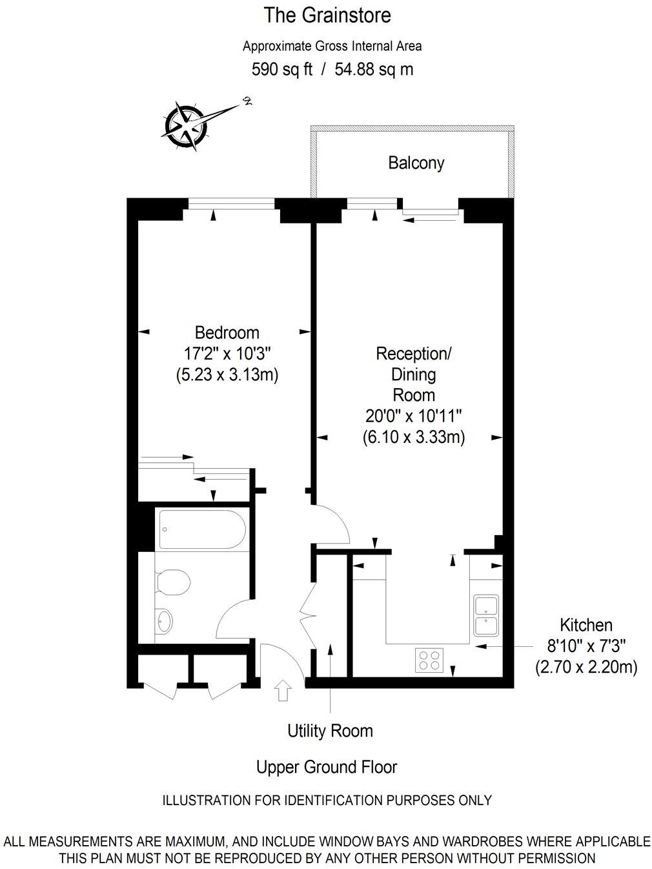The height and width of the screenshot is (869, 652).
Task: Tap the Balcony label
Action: point(416,163)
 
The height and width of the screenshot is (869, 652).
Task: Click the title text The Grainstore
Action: point(327,15)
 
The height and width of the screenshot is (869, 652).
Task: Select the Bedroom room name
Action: point(227,332)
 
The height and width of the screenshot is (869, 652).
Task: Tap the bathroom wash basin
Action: point(165,622)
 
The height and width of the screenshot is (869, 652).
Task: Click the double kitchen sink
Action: point(485,616)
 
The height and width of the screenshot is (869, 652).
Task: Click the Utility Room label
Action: point(330,731)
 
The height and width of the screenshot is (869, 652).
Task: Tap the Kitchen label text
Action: point(586,625)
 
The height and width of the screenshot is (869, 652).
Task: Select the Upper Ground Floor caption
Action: point(326,767)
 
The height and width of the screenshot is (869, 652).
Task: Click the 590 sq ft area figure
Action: point(281,69)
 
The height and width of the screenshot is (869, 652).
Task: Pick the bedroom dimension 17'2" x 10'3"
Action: point(227,354)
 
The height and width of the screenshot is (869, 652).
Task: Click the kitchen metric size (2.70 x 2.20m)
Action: point(586,667)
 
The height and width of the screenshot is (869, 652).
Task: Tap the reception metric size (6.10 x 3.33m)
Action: point(413,437)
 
